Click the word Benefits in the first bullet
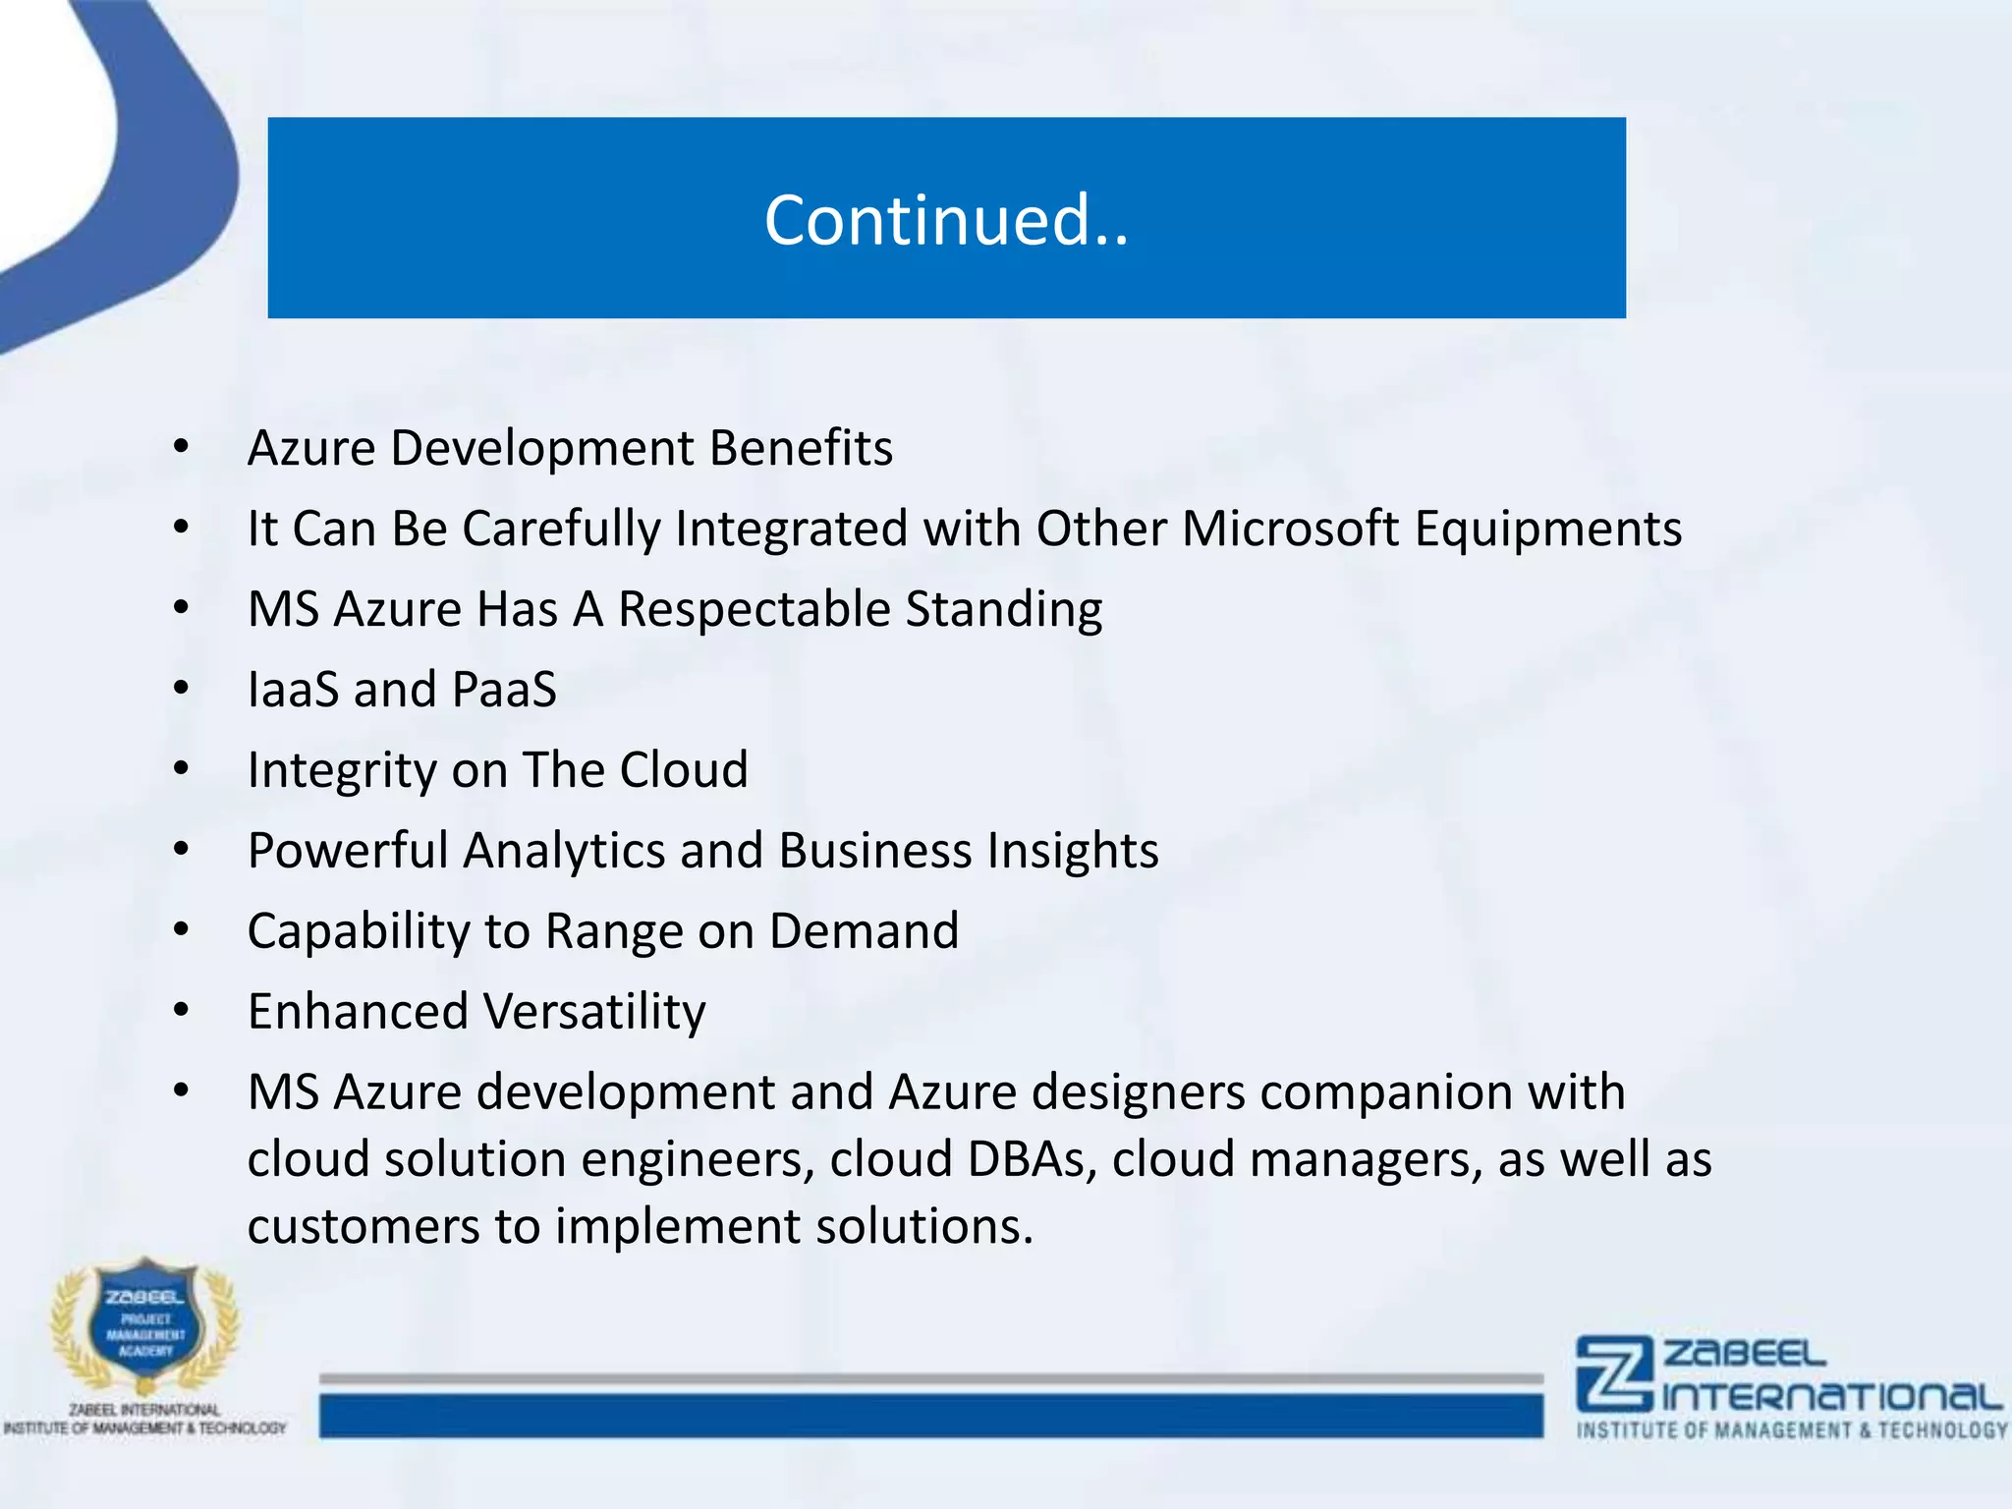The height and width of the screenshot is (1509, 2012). point(801,449)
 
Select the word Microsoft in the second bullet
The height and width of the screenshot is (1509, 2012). point(1290,530)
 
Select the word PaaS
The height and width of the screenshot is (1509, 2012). point(504,690)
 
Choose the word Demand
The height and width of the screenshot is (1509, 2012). point(864,931)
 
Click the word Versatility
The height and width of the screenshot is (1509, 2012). point(595,1012)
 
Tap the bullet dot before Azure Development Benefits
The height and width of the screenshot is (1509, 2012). point(181,447)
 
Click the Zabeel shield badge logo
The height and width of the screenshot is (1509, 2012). point(145,1325)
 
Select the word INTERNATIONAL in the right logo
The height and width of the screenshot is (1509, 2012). point(1831,1397)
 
